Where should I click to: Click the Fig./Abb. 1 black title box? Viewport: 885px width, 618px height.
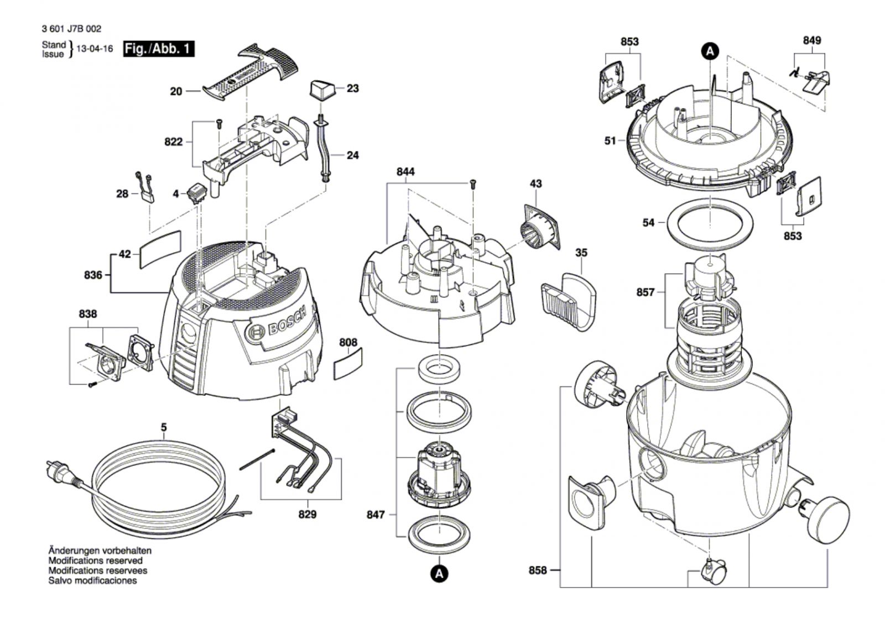tap(158, 49)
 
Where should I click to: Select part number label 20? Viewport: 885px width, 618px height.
tap(176, 91)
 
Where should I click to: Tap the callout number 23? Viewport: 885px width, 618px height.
tap(353, 88)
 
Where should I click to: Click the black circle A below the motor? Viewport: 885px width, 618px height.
tap(439, 573)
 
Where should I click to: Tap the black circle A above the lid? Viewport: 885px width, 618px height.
tap(710, 51)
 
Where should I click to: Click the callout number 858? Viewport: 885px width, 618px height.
tap(537, 570)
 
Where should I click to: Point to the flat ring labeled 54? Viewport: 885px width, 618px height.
tap(710, 223)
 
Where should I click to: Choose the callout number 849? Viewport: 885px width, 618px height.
tap(811, 40)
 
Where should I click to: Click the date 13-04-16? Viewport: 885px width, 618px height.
tap(95, 49)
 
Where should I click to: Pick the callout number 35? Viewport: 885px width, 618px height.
tap(581, 253)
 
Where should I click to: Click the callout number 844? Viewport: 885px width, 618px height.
tap(405, 172)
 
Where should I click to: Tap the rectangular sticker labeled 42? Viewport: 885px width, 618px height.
tap(160, 249)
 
